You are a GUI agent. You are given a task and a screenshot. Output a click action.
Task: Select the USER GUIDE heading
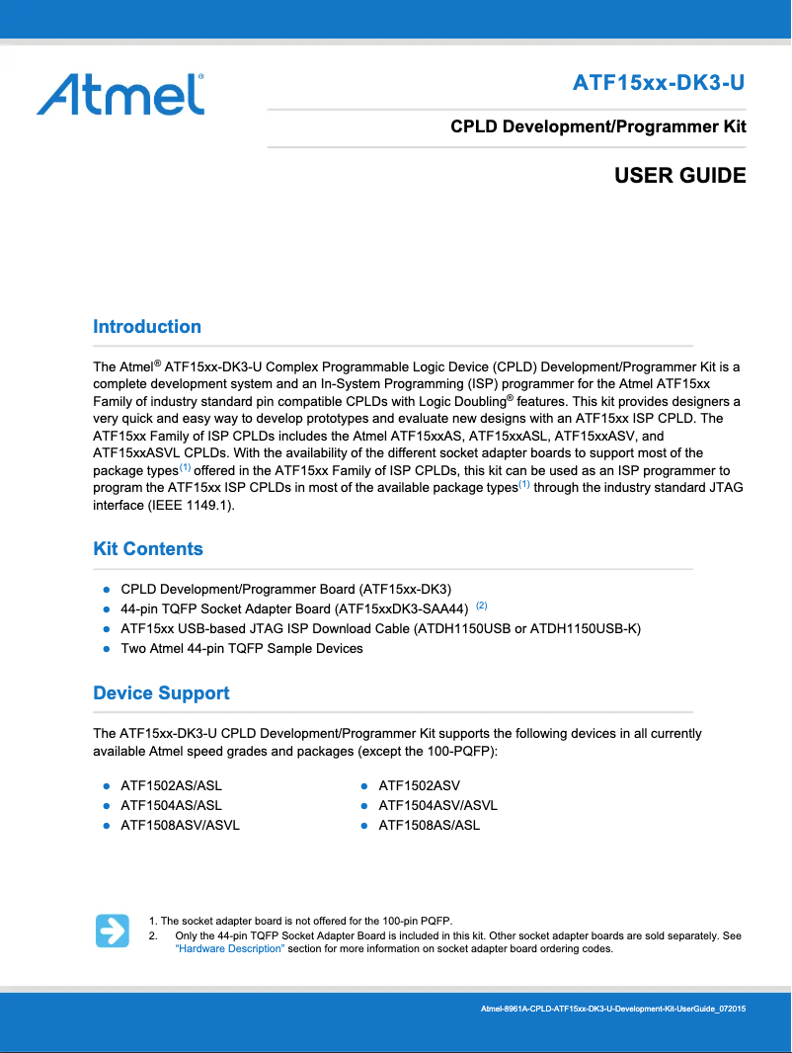tap(679, 176)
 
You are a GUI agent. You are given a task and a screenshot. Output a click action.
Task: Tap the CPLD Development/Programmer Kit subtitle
tap(597, 126)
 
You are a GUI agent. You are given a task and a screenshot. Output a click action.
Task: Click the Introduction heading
tap(147, 327)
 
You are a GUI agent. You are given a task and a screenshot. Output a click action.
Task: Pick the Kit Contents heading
tap(148, 549)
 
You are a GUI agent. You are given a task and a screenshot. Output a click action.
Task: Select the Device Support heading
tap(161, 693)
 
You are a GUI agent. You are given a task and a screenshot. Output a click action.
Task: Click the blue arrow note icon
tap(113, 931)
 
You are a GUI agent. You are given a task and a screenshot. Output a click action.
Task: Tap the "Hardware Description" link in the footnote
tap(229, 949)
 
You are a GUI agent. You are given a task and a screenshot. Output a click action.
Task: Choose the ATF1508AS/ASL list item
tap(429, 825)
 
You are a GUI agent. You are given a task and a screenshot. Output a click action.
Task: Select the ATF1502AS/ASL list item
tap(171, 786)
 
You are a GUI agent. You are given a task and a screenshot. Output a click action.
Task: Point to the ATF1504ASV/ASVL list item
tap(437, 805)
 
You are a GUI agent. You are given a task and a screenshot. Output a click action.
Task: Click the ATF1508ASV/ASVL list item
tap(180, 825)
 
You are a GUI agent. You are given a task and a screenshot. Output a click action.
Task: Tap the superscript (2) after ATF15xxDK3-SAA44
tap(482, 606)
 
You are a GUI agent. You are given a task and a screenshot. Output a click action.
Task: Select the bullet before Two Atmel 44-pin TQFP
tap(106, 649)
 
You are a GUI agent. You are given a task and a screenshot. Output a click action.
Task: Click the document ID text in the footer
tap(612, 1009)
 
